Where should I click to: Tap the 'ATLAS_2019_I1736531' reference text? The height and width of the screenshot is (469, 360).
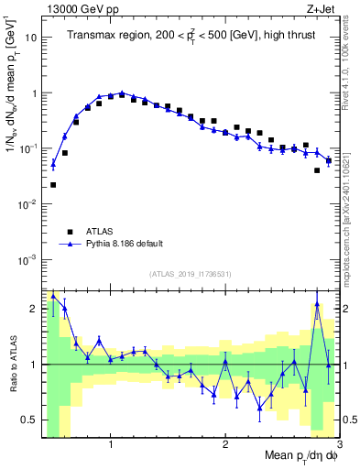coord(191,274)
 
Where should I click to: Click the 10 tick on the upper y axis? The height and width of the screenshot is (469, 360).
coord(31,38)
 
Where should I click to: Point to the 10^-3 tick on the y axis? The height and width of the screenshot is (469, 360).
coord(27,259)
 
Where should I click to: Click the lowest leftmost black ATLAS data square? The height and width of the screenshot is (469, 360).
coord(53,185)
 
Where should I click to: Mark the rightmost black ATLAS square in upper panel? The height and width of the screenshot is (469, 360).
coord(328,161)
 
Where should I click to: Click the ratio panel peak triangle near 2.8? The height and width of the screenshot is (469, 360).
coord(317,304)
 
